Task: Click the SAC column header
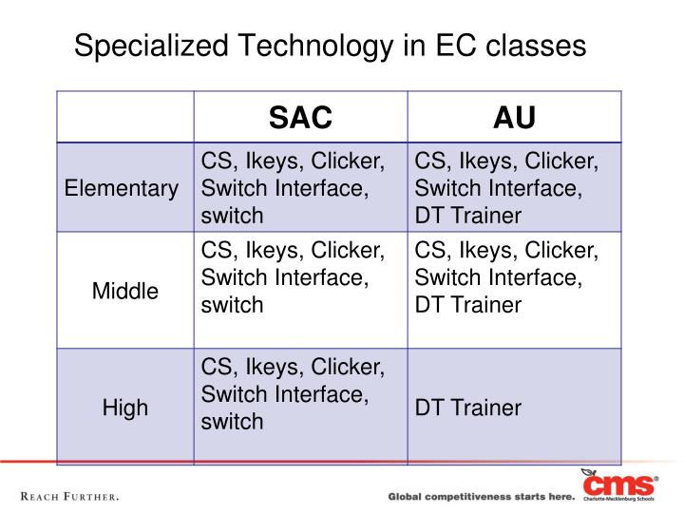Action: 300,118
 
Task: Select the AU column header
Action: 514,118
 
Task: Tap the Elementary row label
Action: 122,188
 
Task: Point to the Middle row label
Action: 125,292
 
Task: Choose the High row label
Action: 125,408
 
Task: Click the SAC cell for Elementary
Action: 293,188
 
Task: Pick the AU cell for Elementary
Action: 506,188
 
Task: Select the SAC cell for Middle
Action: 293,278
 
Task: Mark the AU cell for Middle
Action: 506,278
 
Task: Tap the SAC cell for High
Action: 293,393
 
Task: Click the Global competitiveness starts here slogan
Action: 481,497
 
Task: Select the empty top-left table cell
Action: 125,118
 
